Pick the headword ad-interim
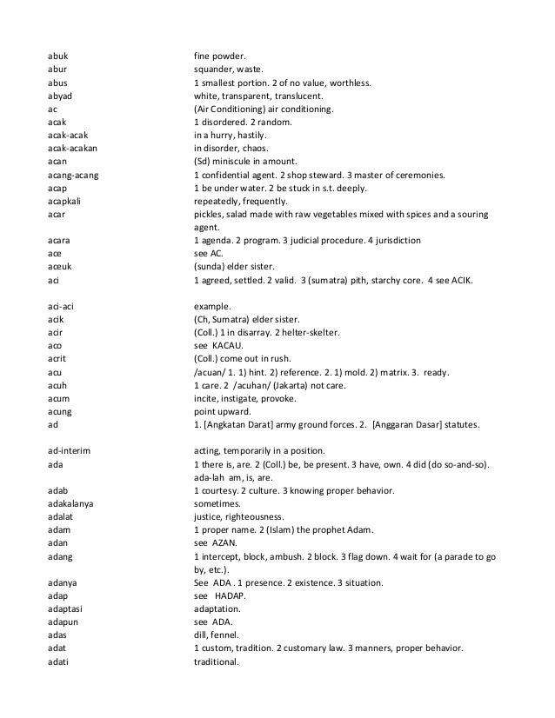click(70, 449)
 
